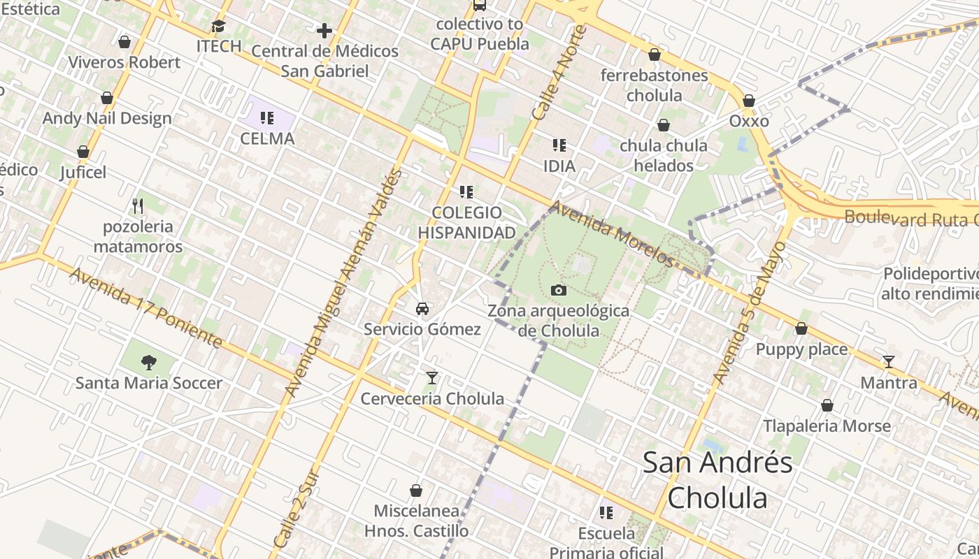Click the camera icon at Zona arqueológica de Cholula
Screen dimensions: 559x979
[558, 290]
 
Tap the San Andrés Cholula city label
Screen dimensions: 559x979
[717, 480]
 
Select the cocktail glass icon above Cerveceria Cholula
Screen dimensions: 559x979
[432, 378]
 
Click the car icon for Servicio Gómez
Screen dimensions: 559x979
[422, 309]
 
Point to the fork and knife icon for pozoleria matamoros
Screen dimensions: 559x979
[138, 206]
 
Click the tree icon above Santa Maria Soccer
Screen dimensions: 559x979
[148, 363]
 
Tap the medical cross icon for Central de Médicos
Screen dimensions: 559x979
[324, 31]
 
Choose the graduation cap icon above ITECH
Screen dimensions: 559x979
[219, 27]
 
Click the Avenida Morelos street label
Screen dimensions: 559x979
[612, 235]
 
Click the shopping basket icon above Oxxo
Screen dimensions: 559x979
[749, 101]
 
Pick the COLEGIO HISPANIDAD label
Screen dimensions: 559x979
[466, 222]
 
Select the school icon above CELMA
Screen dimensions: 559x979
[267, 118]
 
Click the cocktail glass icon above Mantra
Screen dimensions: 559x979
[888, 362]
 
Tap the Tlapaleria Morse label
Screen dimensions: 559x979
[827, 426]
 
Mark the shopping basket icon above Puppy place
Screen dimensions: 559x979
[801, 328]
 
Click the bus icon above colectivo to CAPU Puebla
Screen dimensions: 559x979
[479, 6]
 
